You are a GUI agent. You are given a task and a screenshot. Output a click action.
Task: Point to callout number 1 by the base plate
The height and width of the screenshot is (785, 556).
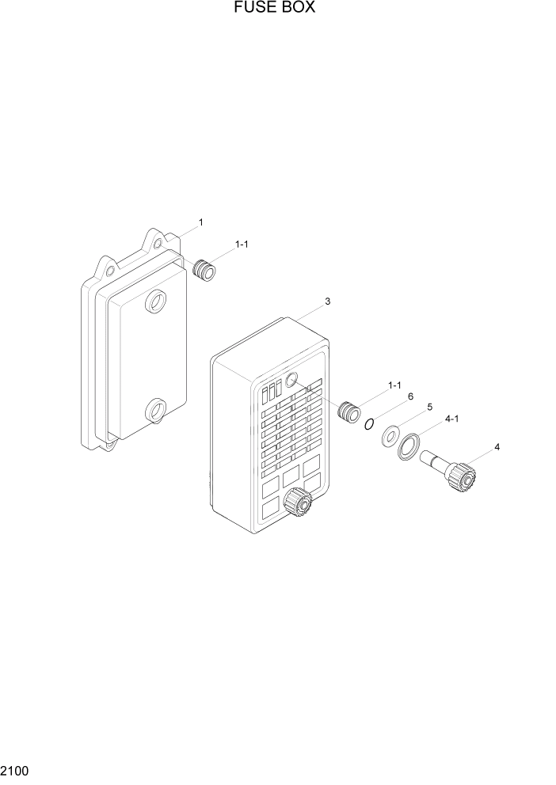pos(200,222)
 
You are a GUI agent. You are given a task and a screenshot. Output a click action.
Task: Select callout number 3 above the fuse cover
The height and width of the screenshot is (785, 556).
pos(327,301)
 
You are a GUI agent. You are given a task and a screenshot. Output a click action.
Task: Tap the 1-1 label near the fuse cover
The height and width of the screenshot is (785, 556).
pos(394,385)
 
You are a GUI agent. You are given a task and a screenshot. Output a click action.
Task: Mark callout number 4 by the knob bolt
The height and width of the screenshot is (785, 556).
pos(497,447)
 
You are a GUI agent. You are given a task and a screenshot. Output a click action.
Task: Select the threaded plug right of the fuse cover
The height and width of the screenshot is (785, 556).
pos(347,411)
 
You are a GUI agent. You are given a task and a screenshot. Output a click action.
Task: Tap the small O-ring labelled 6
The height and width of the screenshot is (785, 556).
pos(369,424)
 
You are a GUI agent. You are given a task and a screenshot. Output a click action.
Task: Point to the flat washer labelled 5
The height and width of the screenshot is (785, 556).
pos(390,435)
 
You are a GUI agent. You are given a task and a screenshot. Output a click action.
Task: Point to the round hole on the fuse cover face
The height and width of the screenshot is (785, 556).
pos(291,381)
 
